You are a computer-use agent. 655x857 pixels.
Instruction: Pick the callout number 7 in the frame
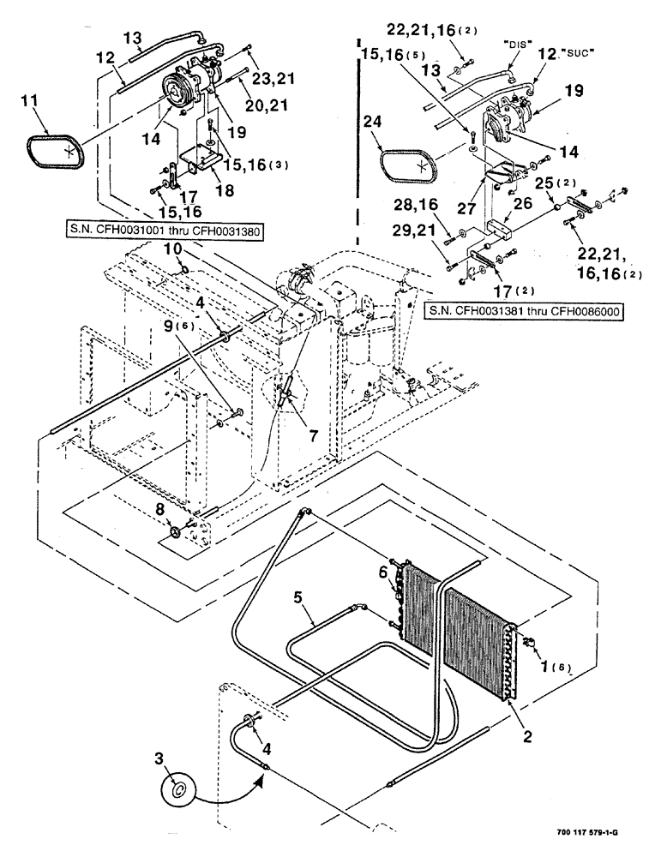click(311, 435)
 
